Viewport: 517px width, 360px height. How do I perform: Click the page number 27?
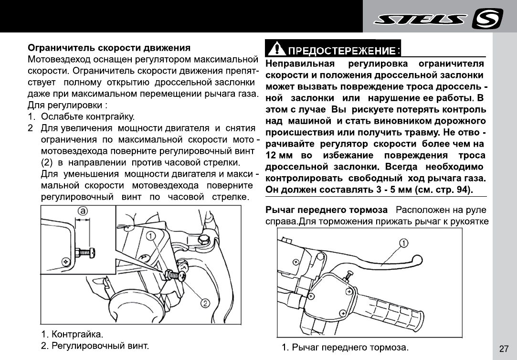tap(504, 349)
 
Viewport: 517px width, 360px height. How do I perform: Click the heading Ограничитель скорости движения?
tap(109, 48)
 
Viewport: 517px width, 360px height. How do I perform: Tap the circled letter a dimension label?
tap(83, 212)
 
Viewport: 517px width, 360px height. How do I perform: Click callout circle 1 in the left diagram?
tap(150, 236)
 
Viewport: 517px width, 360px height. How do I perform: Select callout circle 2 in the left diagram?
tap(205, 303)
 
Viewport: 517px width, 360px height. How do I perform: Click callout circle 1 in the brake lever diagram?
tap(403, 243)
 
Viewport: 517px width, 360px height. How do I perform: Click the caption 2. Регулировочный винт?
tap(95, 344)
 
